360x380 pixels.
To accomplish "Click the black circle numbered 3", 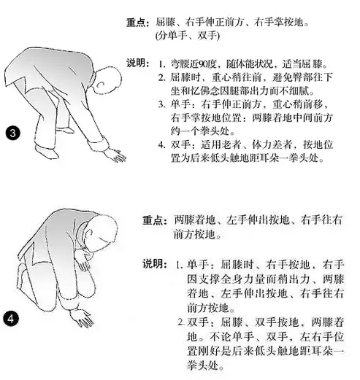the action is pyautogui.click(x=12, y=133).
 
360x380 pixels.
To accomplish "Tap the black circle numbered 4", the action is pyautogui.click(x=11, y=319).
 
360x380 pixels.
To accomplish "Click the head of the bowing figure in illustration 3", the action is pyautogui.click(x=107, y=80).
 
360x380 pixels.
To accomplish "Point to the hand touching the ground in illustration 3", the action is pyautogui.click(x=116, y=155).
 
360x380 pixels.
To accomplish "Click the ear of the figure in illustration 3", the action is pyautogui.click(x=101, y=85).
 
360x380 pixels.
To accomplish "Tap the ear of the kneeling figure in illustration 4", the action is pyautogui.click(x=89, y=233).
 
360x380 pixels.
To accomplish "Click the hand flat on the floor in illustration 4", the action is pyautogui.click(x=82, y=318).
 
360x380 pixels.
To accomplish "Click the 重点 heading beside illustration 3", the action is pyautogui.click(x=137, y=23).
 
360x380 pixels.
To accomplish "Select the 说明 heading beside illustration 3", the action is pyautogui.click(x=137, y=63).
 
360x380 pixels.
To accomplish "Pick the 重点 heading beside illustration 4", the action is pyautogui.click(x=155, y=220).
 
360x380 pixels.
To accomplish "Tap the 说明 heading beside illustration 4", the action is pyautogui.click(x=155, y=264).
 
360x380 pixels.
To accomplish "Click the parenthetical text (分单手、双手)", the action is pyautogui.click(x=188, y=36).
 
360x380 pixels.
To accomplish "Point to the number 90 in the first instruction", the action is pyautogui.click(x=203, y=64).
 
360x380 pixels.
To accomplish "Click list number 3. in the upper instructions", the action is pyautogui.click(x=161, y=104).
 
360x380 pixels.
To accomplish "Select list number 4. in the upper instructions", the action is pyautogui.click(x=161, y=145).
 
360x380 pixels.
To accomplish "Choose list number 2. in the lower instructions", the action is pyautogui.click(x=181, y=322).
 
